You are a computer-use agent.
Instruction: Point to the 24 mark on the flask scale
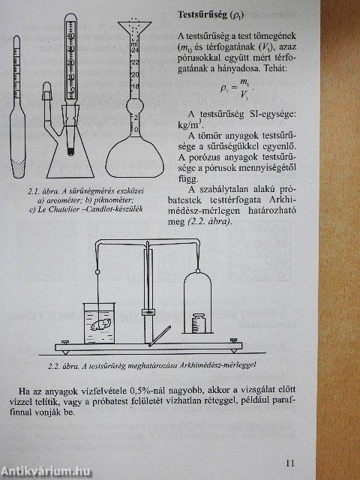pyautogui.click(x=135, y=61)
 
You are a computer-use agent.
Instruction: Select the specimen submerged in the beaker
pyautogui.click(x=100, y=324)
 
